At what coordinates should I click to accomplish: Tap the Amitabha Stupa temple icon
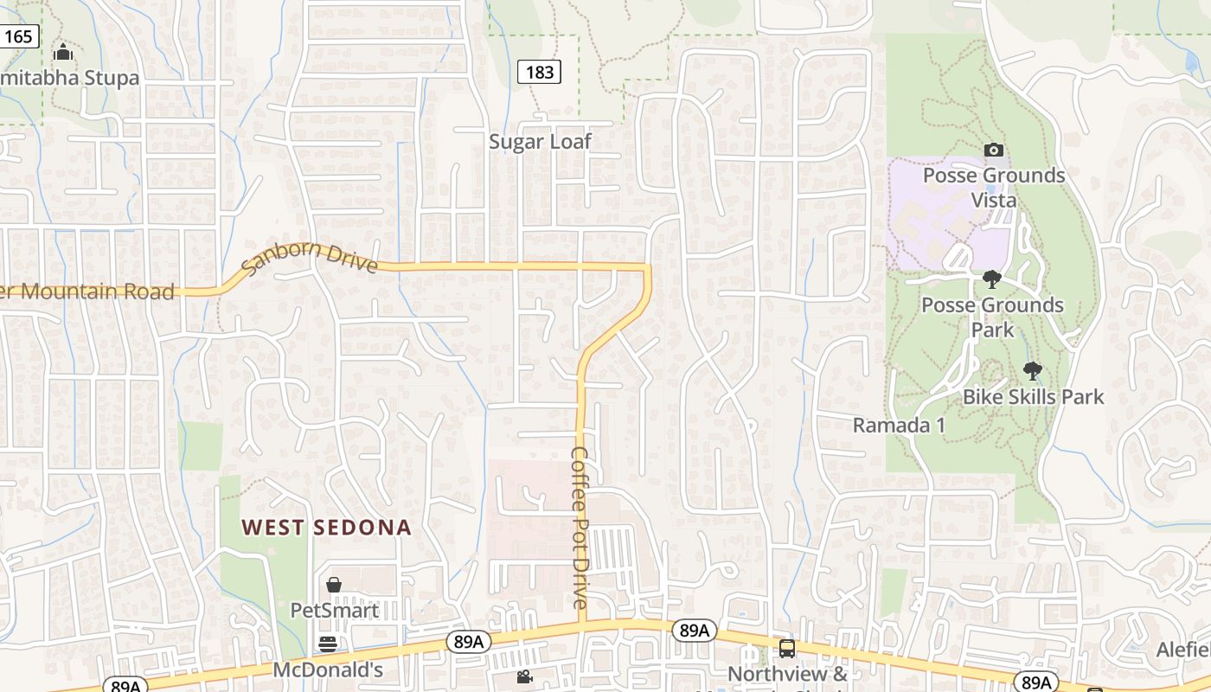(62, 54)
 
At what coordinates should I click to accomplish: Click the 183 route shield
(539, 72)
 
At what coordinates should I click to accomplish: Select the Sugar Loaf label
(540, 142)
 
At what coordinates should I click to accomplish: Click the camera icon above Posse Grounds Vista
(994, 151)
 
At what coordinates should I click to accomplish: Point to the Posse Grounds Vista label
(994, 188)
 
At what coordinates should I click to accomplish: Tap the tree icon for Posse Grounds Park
(992, 279)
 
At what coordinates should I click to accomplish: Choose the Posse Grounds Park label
(992, 317)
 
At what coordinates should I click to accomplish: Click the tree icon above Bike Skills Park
(1032, 372)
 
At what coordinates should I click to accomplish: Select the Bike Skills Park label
(1034, 397)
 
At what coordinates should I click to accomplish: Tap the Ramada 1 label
(899, 426)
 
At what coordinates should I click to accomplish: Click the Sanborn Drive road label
(309, 259)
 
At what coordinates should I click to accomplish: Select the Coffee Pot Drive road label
(580, 528)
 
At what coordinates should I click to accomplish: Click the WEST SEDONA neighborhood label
(326, 528)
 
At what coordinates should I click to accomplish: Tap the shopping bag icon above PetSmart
(334, 586)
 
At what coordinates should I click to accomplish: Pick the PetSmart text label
(334, 611)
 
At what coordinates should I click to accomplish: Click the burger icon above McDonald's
(327, 644)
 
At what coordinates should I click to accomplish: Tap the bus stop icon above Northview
(787, 648)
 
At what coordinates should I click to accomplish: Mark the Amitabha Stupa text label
(69, 78)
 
